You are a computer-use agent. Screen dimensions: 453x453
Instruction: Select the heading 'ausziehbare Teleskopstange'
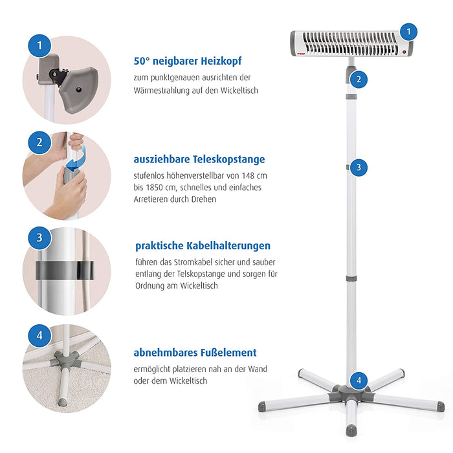199,159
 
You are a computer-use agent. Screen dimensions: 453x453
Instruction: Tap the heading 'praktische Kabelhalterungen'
203,246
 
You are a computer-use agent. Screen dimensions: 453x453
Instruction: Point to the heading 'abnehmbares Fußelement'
195,353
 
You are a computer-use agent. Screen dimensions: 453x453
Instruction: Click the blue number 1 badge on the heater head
408,31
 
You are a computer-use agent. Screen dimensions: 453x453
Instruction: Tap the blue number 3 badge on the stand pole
359,167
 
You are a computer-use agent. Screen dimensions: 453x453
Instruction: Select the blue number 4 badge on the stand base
359,380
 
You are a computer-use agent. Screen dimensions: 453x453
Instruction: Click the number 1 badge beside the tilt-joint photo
39,45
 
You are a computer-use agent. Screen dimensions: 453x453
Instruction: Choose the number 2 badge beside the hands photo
39,142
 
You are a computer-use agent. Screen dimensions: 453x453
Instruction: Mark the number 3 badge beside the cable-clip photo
39,238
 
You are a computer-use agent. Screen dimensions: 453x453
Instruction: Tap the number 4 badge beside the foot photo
39,335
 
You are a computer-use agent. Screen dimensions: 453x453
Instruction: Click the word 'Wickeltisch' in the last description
184,381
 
